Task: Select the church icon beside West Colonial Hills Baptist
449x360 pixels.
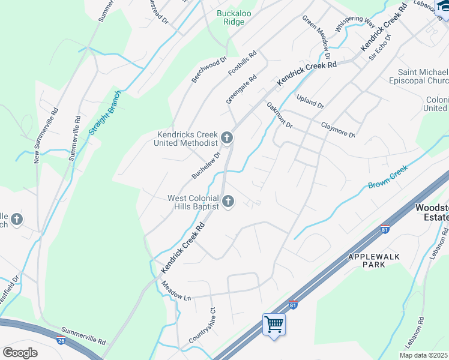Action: [x=228, y=202]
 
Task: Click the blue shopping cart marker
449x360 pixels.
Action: [x=274, y=325]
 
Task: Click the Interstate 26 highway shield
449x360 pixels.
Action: [x=61, y=340]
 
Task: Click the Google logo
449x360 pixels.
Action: [x=20, y=352]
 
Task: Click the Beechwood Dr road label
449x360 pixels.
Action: [x=209, y=70]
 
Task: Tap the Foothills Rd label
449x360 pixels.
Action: [x=242, y=63]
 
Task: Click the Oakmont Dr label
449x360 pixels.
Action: [x=279, y=115]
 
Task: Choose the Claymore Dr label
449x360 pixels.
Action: [x=338, y=130]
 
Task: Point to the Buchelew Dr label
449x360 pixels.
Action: [x=206, y=164]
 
